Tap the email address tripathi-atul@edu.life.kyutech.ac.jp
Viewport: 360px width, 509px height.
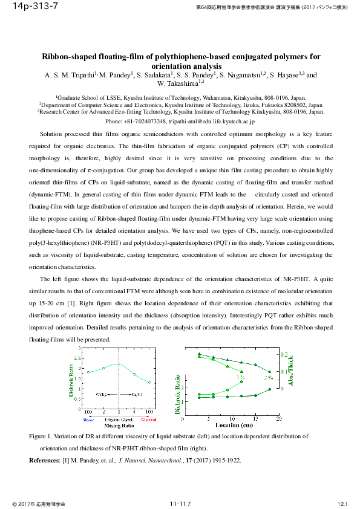click(x=208, y=121)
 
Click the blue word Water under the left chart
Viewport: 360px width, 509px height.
click(x=89, y=419)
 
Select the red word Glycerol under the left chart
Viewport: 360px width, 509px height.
click(x=149, y=419)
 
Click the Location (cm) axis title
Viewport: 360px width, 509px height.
click(x=233, y=425)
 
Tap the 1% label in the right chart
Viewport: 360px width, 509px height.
click(x=240, y=378)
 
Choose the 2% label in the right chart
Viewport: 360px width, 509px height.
click(x=268, y=378)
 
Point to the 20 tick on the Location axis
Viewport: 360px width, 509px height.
click(x=280, y=418)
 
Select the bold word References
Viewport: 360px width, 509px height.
click(x=45, y=461)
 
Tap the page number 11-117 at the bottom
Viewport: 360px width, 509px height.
click(x=180, y=503)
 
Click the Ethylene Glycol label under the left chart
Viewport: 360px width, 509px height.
click(x=119, y=419)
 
